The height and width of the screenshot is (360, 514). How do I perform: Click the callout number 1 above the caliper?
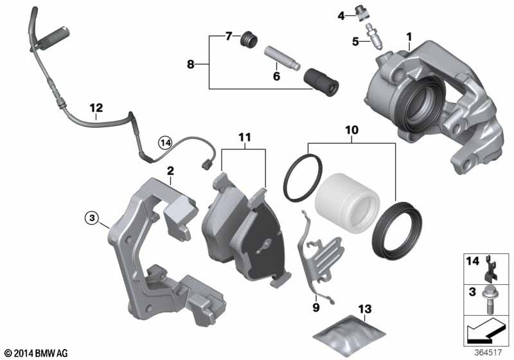click(x=409, y=37)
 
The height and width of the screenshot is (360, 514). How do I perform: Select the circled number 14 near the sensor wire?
click(x=165, y=143)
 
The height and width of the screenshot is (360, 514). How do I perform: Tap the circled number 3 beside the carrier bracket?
click(x=92, y=217)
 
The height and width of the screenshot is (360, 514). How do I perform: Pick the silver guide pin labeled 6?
click(x=282, y=57)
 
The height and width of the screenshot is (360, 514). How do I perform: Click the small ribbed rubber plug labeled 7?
click(x=248, y=40)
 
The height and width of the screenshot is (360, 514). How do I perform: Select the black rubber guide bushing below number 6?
click(x=321, y=80)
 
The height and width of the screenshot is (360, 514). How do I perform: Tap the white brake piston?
click(x=348, y=203)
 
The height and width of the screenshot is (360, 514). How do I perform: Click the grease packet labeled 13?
click(x=349, y=335)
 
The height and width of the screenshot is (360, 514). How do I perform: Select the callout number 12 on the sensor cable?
click(x=96, y=107)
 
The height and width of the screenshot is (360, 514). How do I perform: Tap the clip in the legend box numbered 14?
click(x=491, y=269)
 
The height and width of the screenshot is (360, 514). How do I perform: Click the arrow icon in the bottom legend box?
click(x=484, y=330)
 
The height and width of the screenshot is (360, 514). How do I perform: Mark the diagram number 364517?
click(x=488, y=352)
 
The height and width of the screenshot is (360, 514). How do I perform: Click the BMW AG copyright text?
click(x=37, y=353)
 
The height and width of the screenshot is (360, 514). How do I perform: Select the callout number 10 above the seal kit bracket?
click(x=351, y=130)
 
